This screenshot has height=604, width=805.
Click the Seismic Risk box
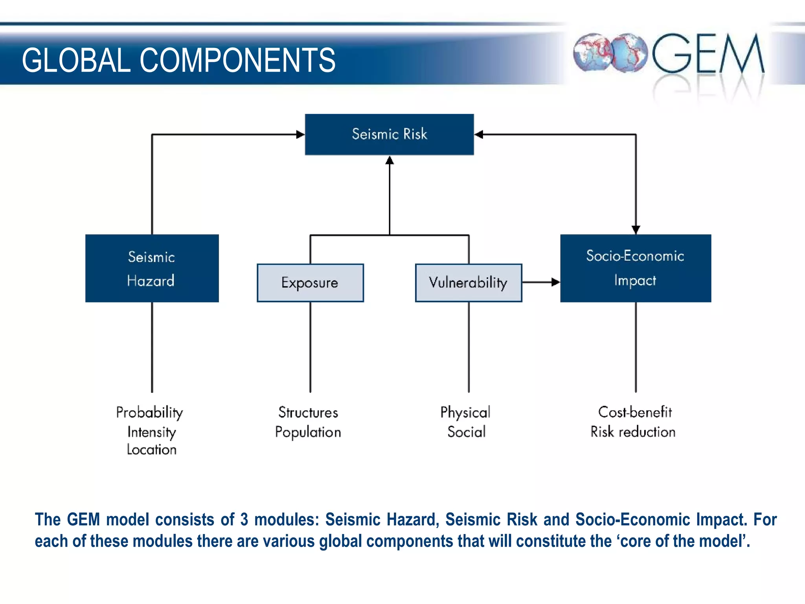coord(389,134)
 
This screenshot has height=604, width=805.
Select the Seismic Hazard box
coord(152,268)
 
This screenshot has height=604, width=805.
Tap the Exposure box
coord(310,283)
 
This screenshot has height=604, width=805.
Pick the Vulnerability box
coord(469,283)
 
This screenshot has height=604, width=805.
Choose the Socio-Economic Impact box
coord(635,268)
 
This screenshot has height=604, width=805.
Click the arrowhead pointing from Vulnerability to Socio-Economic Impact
coord(555,282)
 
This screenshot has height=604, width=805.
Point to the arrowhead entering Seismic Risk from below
coord(390,160)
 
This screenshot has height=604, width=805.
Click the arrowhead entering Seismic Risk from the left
coord(300,134)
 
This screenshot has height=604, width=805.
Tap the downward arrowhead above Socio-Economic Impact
coord(636,230)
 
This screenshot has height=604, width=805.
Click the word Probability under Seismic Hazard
coord(150,412)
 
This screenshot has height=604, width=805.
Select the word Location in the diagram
coord(152,449)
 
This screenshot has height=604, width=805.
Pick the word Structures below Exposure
coord(308,412)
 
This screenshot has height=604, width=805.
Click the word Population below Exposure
coord(308,432)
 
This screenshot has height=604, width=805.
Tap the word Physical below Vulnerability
coord(465,412)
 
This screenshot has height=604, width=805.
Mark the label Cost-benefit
coord(635,412)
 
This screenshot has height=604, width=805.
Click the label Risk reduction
coord(633,432)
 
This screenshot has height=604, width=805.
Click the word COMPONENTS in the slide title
coord(237,60)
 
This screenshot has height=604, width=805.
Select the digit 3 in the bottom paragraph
coord(244,519)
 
